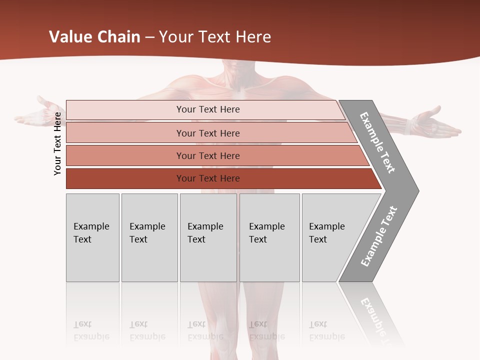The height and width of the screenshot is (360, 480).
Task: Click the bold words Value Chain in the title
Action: coord(94,37)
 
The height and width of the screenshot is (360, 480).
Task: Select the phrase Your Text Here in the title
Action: coord(215,37)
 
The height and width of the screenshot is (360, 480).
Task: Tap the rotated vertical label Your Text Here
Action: coord(57,143)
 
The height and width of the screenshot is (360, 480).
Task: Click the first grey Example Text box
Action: coord(92,237)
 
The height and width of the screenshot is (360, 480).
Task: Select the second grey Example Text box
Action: coord(149,237)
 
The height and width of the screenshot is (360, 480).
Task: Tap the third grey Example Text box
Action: coord(208,237)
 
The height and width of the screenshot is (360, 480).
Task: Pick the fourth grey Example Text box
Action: coord(269,237)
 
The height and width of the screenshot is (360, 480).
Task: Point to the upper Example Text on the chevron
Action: coord(378,142)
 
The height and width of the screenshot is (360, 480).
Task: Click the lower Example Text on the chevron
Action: coord(379,236)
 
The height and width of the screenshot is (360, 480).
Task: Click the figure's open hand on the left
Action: coord(37,114)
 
